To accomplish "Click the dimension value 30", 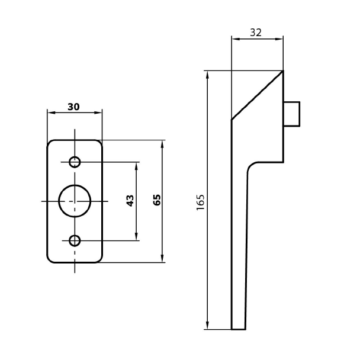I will [73, 107].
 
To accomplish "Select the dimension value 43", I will [130, 201].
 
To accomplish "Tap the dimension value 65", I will [157, 200].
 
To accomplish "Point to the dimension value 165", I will [200, 201].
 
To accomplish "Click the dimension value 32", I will [256, 33].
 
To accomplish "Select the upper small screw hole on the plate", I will [75, 162].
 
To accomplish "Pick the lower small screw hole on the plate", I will [75, 240].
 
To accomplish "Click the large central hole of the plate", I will [75, 201].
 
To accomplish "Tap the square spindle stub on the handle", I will [291, 114].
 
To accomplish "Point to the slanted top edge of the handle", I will [257, 95].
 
